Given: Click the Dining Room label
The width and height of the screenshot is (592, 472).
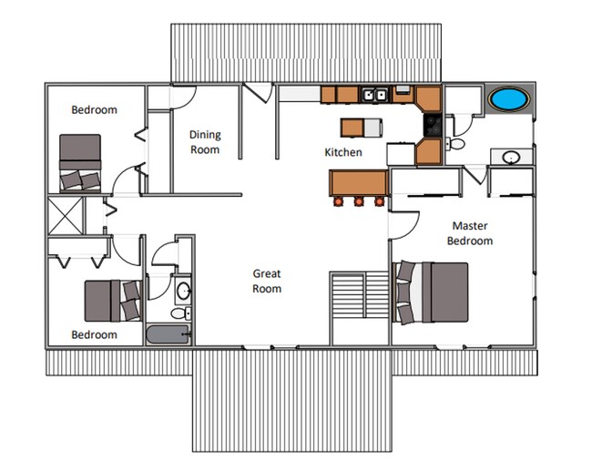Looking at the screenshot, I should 205,142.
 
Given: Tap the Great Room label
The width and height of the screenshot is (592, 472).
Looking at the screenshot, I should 267,281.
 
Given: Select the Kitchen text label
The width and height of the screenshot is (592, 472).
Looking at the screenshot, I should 343,152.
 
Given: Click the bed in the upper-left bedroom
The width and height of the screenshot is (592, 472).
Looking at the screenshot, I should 80,162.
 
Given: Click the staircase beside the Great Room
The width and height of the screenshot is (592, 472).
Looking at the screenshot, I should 361,296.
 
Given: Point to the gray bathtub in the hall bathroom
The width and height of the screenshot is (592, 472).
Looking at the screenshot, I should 168,333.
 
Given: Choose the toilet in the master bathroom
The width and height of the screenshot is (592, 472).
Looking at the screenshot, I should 455,143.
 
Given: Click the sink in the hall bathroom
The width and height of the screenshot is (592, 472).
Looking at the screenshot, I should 183,292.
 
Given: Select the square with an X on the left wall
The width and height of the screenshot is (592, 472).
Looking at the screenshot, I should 66,216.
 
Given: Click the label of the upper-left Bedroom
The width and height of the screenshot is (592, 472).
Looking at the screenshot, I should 95,109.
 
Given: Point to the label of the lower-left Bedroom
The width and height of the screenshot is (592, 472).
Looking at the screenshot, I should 95,334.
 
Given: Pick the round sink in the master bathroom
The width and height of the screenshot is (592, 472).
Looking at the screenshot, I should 512,158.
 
